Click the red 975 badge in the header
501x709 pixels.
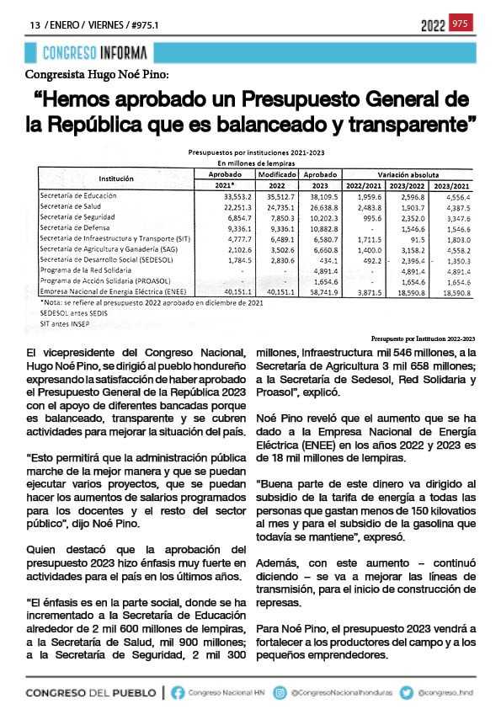460,24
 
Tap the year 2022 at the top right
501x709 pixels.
433,24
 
